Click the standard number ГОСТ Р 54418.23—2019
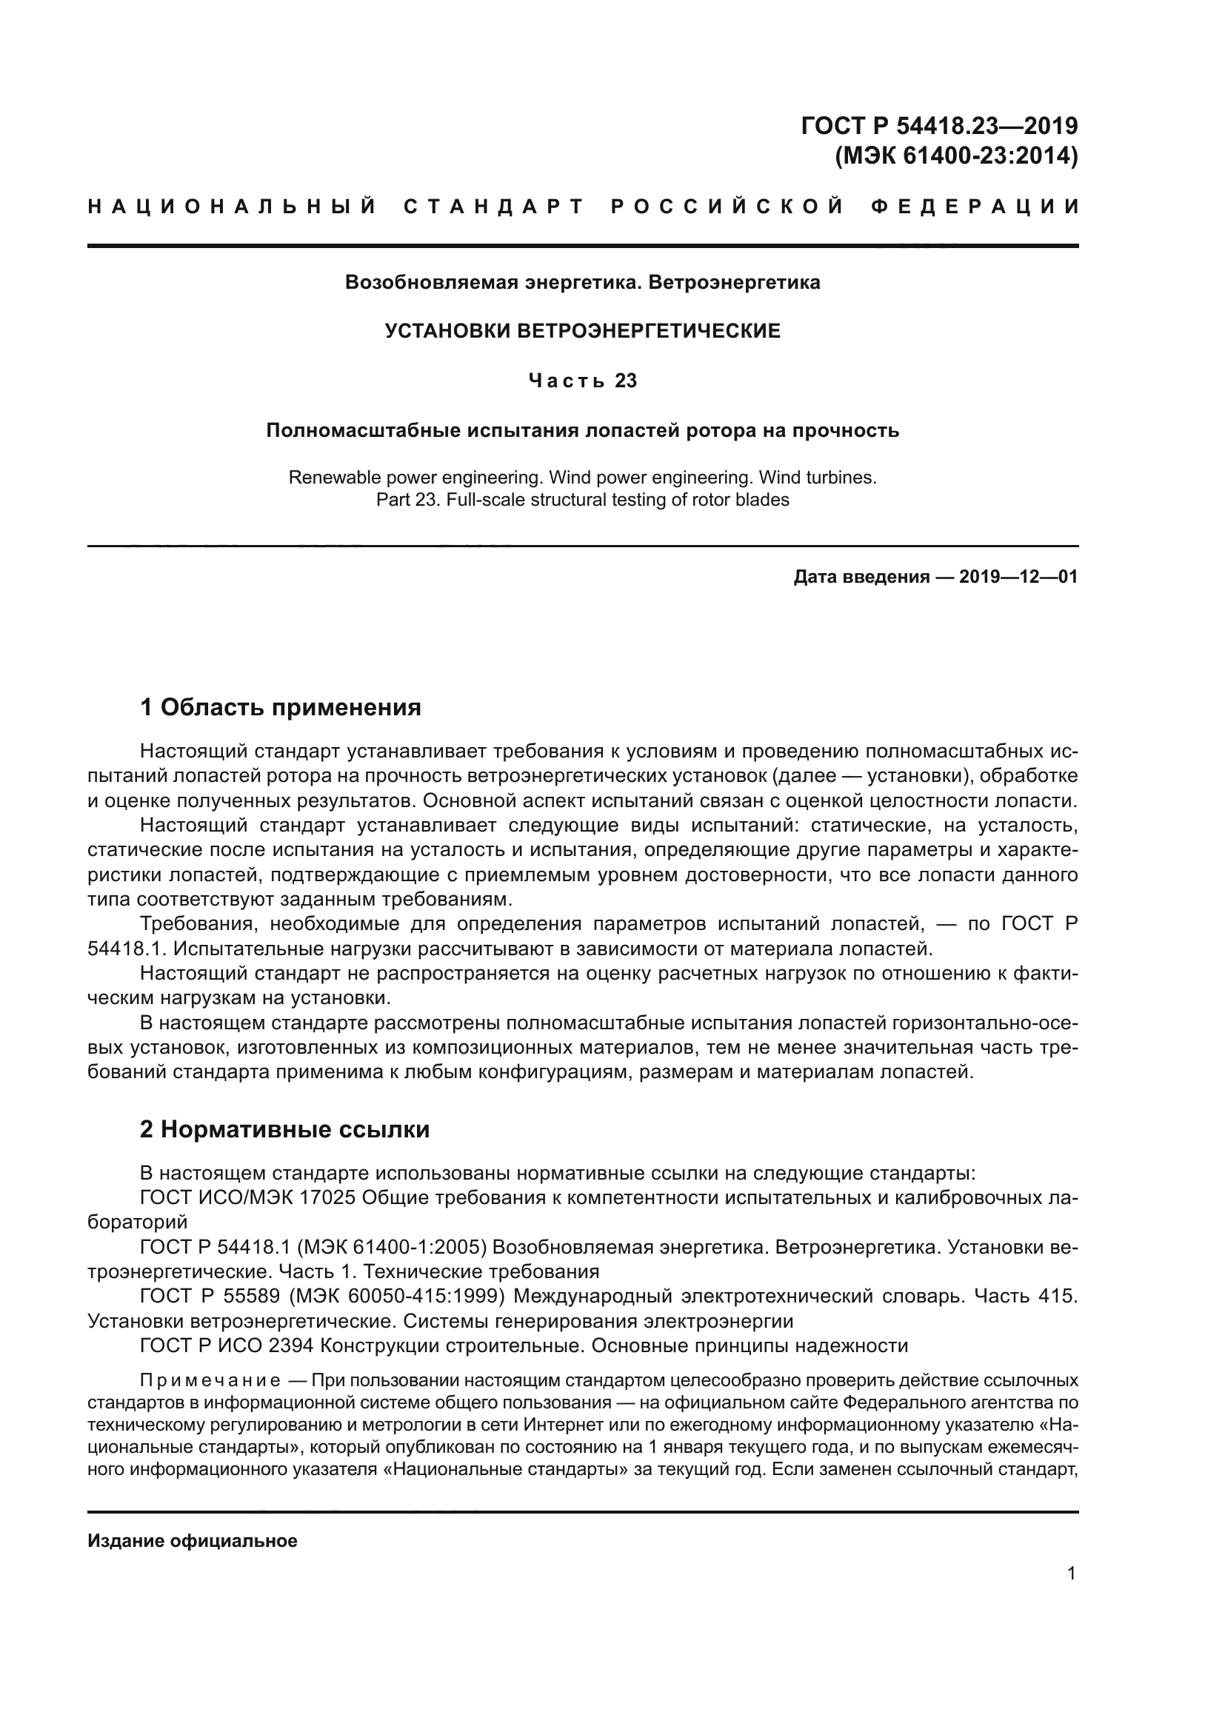point(939,125)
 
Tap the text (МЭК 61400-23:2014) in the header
point(955,156)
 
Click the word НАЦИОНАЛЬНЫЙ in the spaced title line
point(233,207)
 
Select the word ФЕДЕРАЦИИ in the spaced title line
point(975,207)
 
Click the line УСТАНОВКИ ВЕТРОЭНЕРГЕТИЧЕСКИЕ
point(582,331)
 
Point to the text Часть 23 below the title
point(582,381)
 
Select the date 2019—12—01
point(1018,578)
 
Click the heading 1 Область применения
point(281,708)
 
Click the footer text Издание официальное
point(193,1541)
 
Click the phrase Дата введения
point(861,578)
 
